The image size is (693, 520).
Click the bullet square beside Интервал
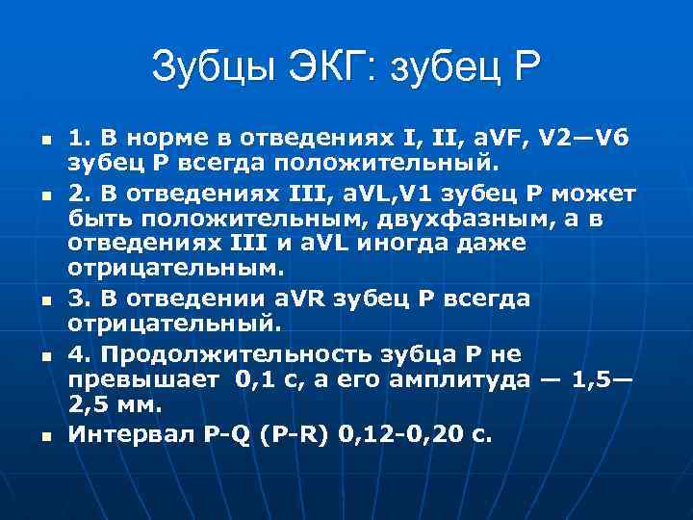pos(45,435)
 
